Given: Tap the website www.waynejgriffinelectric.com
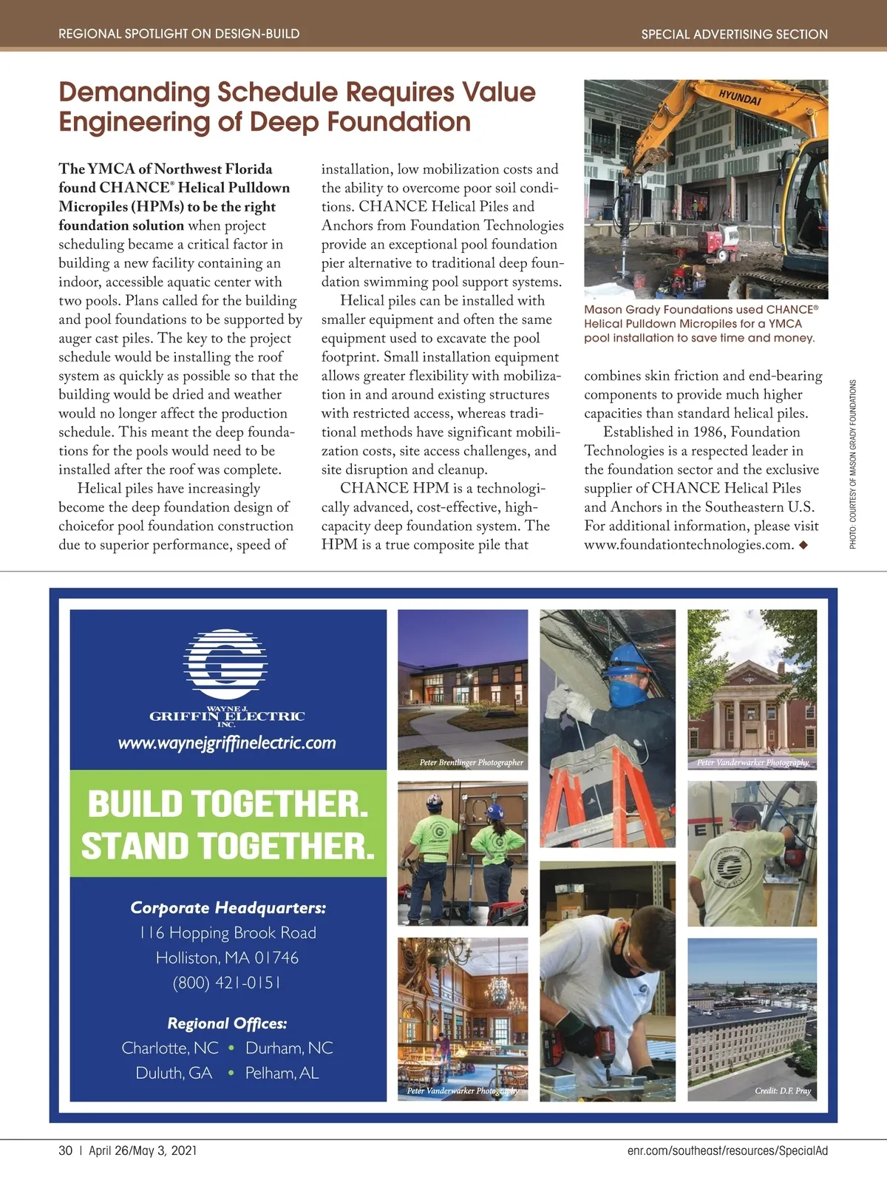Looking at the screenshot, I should pyautogui.click(x=227, y=743).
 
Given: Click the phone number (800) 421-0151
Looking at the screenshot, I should pyautogui.click(x=227, y=983).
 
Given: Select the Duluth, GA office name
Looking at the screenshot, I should pyautogui.click(x=174, y=1073).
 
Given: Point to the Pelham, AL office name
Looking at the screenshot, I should pyautogui.click(x=282, y=1073).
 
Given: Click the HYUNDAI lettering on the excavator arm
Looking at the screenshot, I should pyautogui.click(x=739, y=98).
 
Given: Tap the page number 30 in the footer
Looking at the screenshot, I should pyautogui.click(x=66, y=1150).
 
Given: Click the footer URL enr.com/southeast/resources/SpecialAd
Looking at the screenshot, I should pyautogui.click(x=727, y=1150).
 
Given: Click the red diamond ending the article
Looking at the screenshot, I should pyautogui.click(x=803, y=546).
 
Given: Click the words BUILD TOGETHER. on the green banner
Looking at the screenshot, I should pyautogui.click(x=228, y=804).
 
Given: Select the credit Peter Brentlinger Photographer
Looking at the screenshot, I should pyautogui.click(x=471, y=762).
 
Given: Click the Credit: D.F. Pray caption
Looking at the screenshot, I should pyautogui.click(x=783, y=1091).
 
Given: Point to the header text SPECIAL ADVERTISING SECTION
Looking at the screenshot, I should pyautogui.click(x=734, y=34).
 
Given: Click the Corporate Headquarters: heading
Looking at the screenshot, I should pyautogui.click(x=228, y=907).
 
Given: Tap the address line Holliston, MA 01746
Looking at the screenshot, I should pyautogui.click(x=227, y=957).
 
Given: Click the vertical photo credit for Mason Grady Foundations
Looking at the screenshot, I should pyautogui.click(x=853, y=464).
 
